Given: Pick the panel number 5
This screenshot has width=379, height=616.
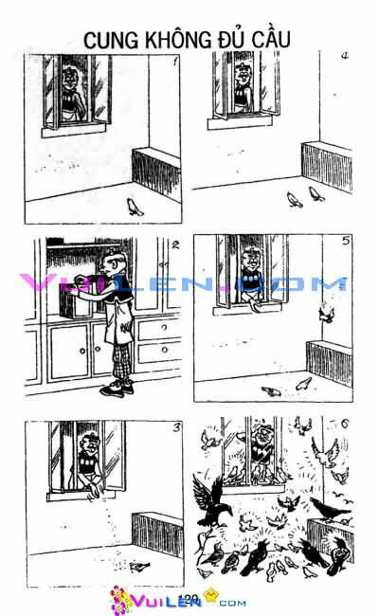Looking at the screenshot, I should point(346,242).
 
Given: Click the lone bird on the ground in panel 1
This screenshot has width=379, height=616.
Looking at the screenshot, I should point(136,207).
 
